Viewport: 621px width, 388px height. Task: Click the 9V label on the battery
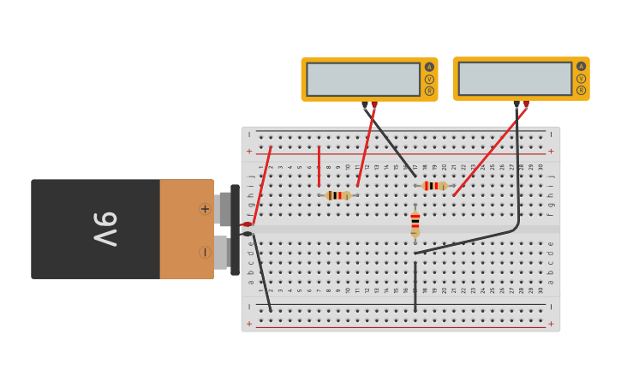coord(105,230)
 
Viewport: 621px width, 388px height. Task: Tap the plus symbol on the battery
coord(205,208)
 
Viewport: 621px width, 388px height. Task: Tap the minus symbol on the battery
coord(205,252)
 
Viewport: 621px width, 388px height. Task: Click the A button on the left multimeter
coord(429,67)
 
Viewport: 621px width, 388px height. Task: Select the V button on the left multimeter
coord(429,79)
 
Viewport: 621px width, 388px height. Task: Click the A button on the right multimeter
coord(581,67)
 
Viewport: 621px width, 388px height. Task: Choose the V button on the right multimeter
coord(581,79)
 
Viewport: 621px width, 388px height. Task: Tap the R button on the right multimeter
coord(581,90)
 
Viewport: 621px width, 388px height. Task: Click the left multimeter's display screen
coord(363,79)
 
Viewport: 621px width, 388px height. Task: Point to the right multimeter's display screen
coord(515,79)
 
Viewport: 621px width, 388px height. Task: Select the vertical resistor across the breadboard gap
coord(415,224)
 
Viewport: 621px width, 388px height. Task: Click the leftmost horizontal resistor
coord(338,195)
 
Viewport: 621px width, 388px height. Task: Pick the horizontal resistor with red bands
coord(435,186)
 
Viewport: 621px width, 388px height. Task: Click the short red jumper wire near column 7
coord(319,165)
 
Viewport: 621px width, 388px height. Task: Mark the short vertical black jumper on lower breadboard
coord(415,287)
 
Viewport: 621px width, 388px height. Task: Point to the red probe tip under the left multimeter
coord(374,105)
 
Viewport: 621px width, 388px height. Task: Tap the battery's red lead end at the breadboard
coord(247,224)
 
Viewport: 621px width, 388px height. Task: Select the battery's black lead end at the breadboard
coord(247,234)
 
